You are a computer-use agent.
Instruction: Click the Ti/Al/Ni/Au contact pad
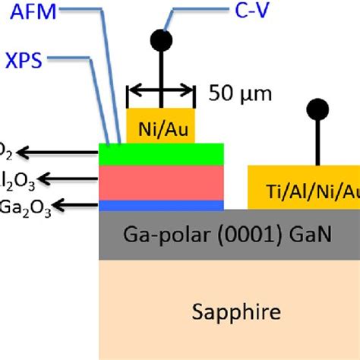coord(304,189)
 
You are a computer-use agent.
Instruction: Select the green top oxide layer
coord(162,153)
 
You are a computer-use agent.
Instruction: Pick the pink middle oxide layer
coord(162,182)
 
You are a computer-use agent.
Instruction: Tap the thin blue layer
coord(162,205)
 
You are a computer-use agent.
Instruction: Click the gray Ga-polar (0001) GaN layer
coord(228,235)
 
